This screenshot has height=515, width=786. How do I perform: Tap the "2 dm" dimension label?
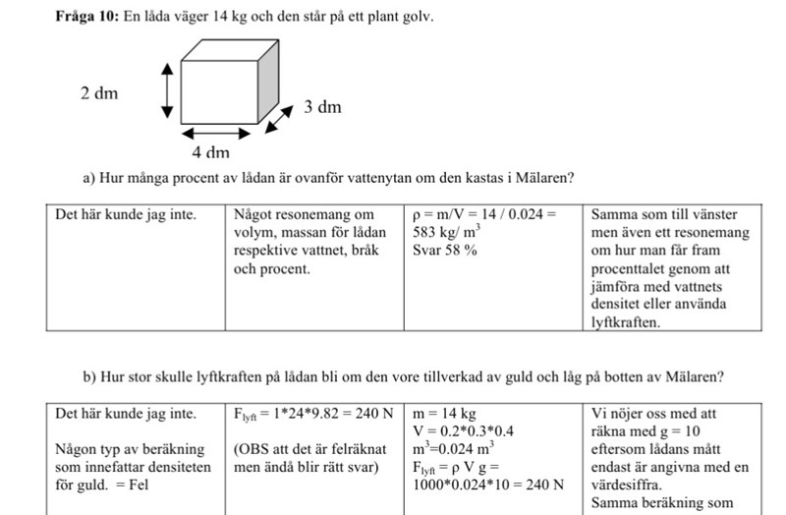[99, 93]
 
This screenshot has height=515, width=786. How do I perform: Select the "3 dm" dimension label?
[321, 106]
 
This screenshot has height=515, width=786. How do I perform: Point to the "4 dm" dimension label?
[210, 152]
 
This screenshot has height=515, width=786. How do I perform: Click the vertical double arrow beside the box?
[168, 89]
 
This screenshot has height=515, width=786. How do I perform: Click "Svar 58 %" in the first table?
[445, 250]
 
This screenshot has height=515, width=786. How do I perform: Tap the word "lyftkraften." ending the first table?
[626, 321]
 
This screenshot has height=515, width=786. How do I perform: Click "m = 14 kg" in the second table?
[444, 413]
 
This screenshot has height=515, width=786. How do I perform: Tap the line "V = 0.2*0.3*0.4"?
[464, 430]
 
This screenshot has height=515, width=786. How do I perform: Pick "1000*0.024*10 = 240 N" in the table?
[488, 484]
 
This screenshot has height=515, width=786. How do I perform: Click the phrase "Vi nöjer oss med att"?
[659, 413]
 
